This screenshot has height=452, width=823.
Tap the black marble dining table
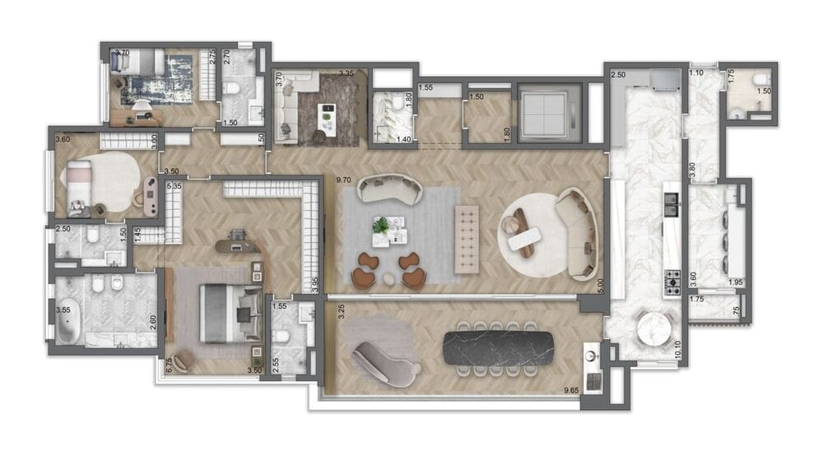498,347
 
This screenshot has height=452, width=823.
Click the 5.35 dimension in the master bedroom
174,187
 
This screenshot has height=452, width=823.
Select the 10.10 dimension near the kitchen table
677,349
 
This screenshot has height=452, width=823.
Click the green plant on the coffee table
381,224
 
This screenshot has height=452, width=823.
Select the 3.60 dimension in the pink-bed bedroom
62,139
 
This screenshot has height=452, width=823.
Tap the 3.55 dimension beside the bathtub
62,310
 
